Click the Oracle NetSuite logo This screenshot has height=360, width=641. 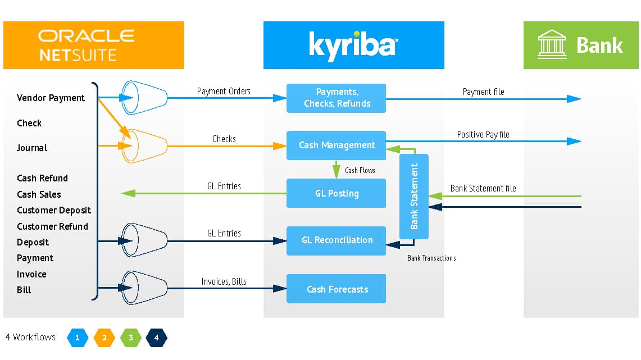coord(86,45)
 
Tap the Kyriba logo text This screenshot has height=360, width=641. coord(353,45)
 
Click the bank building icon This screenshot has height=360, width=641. coord(552,45)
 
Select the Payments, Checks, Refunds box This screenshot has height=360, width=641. coord(336,98)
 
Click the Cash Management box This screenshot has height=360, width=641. coord(336,145)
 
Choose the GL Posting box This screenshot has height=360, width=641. coord(336,193)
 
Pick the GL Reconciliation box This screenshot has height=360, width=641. coord(336,240)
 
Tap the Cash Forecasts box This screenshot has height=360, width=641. coord(336,289)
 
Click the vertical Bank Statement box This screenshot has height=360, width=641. coord(414,197)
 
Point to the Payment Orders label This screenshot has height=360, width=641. coord(224,91)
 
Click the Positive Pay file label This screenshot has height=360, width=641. coord(483,134)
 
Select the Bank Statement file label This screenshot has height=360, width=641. coord(483,188)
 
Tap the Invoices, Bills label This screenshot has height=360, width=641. coord(224,281)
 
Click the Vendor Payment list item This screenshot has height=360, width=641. coord(51,98)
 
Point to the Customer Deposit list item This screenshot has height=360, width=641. coord(53,210)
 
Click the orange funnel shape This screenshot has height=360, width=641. coord(145,146)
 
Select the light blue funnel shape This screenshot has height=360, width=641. coord(145,98)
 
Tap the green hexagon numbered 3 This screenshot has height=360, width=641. coord(130,338)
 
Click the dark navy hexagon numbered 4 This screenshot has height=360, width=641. coord(156,338)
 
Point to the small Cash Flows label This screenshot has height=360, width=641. coord(360,170)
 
